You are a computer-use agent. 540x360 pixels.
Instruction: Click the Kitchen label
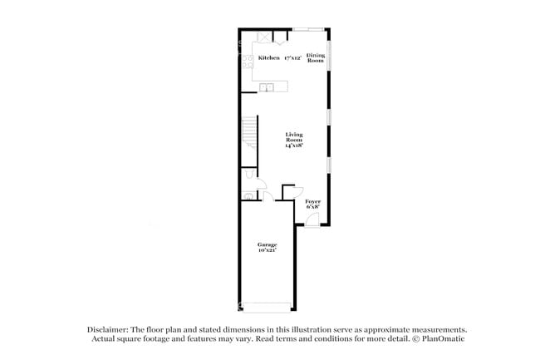(268, 58)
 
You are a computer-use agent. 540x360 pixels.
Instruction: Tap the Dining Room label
(316, 57)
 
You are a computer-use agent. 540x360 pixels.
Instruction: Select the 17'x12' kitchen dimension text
(292, 58)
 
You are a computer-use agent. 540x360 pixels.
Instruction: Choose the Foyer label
(312, 201)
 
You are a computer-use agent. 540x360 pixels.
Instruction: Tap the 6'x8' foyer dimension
(312, 208)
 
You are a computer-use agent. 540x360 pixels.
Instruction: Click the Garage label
(267, 244)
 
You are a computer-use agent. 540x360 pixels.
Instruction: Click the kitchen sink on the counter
(266, 87)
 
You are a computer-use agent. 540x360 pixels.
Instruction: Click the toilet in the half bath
(250, 178)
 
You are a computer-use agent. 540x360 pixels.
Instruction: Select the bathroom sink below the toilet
(248, 196)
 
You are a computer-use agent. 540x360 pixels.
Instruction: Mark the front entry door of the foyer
(311, 219)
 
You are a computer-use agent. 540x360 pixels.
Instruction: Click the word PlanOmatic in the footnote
(444, 339)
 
